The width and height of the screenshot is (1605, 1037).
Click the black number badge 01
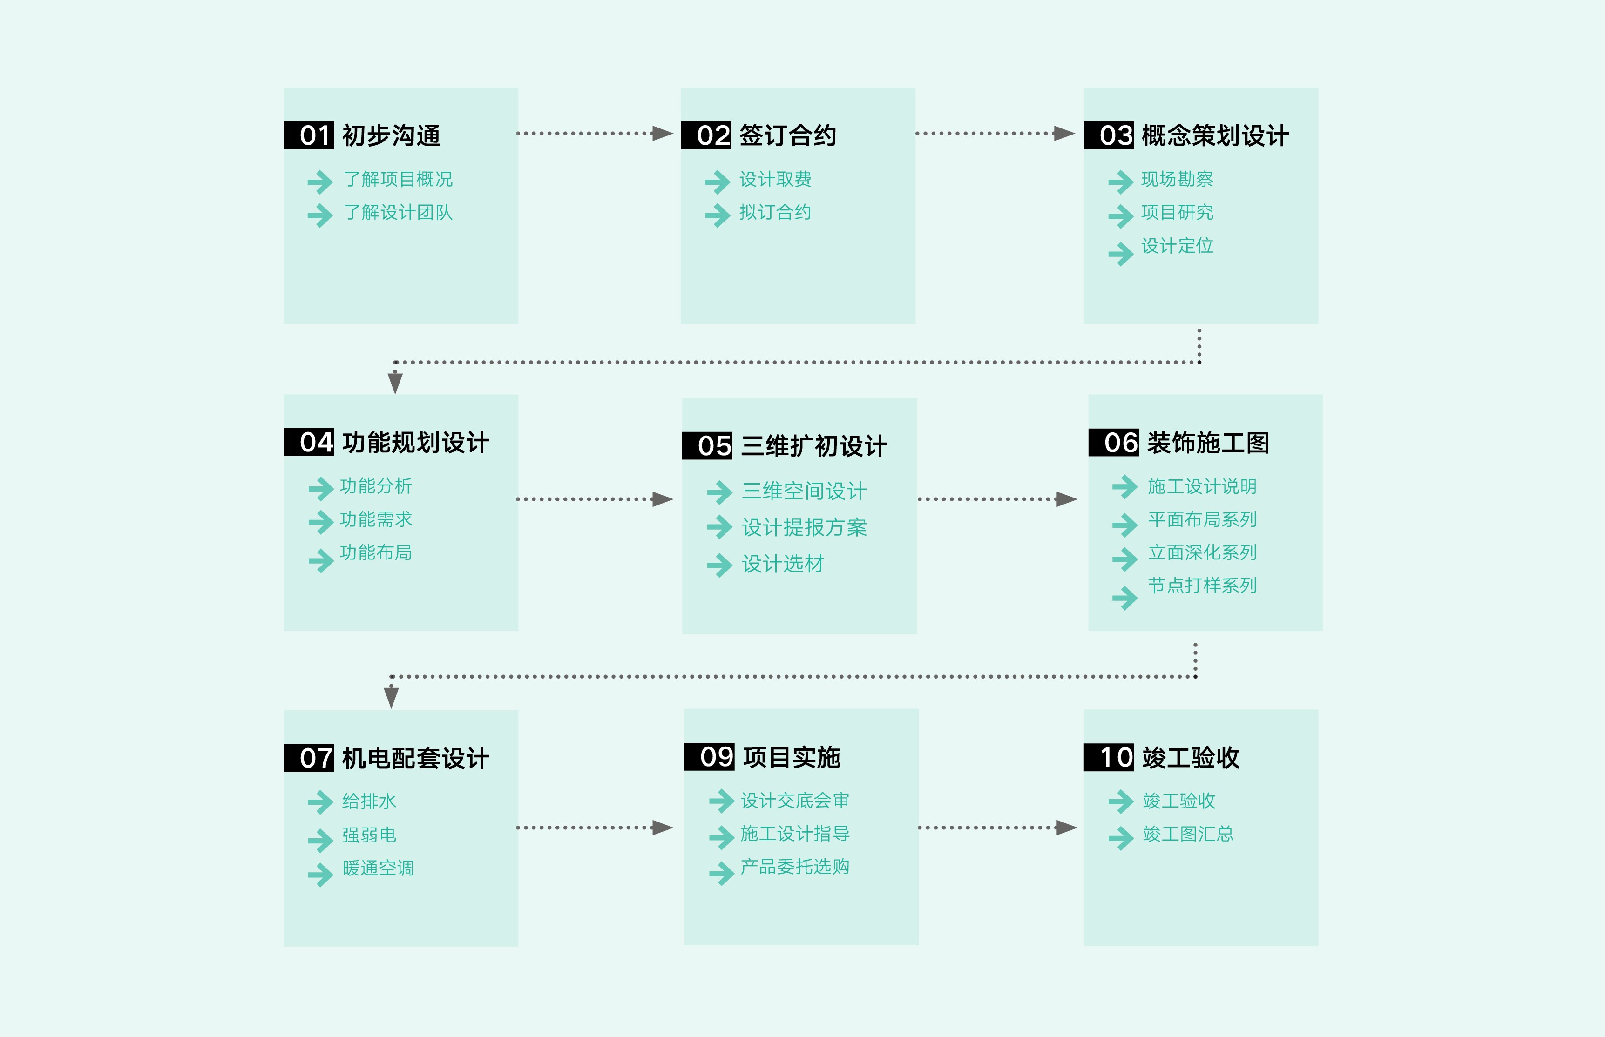[x=308, y=135]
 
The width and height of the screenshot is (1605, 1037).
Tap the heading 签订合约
[x=787, y=135]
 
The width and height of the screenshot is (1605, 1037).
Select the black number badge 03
[x=1109, y=135]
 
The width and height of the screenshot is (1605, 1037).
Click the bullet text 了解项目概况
[x=398, y=179]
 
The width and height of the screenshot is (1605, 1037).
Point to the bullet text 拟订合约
[x=775, y=213]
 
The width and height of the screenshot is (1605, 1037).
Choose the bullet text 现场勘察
[x=1177, y=179]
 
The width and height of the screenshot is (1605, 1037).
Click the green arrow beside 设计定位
[x=1121, y=254]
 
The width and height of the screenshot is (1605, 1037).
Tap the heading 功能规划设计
[x=415, y=443]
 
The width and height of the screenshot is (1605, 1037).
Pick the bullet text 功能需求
[x=376, y=519]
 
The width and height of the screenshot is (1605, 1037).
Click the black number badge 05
[x=707, y=446]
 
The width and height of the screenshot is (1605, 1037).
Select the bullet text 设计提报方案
[x=804, y=527]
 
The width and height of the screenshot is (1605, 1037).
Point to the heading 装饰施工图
[x=1208, y=443]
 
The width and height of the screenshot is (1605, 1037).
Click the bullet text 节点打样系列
[x=1202, y=585]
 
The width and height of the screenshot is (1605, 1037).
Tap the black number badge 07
[x=308, y=758]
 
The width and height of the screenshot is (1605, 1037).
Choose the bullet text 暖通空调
[x=378, y=868]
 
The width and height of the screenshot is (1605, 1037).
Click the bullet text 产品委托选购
[x=795, y=867]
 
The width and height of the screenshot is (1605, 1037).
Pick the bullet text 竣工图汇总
[x=1188, y=835]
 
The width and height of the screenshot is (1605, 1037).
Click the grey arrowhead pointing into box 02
[x=662, y=133]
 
